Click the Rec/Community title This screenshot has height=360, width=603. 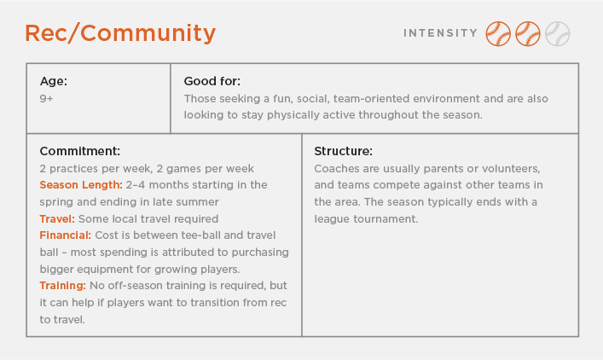pyautogui.click(x=119, y=33)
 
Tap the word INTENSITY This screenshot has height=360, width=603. pyautogui.click(x=440, y=33)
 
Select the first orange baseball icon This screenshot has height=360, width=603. pyautogui.click(x=498, y=33)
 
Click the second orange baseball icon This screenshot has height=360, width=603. pyautogui.click(x=528, y=33)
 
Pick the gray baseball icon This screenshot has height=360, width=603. pyautogui.click(x=557, y=33)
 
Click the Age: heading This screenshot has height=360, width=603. pyautogui.click(x=54, y=82)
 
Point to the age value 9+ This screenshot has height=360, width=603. pyautogui.click(x=47, y=99)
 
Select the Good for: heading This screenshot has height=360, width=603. pyautogui.click(x=212, y=82)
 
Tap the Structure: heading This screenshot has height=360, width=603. pyautogui.click(x=343, y=151)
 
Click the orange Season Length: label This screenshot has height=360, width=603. pyautogui.click(x=80, y=184)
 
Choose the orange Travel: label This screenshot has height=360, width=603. pyautogui.click(x=56, y=218)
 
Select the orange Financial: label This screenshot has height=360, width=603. pyautogui.click(x=66, y=235)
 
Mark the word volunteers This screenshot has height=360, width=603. pyautogui.click(x=508, y=168)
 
